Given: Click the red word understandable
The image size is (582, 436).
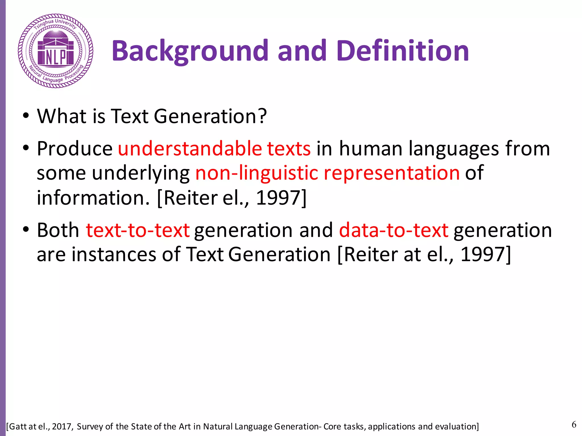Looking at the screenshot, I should pyautogui.click(x=190, y=149).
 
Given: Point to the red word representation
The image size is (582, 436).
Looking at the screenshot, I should pyautogui.click(x=392, y=173).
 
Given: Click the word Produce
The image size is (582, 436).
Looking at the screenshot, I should pyautogui.click(x=75, y=149).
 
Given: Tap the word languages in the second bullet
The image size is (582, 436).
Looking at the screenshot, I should pyautogui.click(x=454, y=149).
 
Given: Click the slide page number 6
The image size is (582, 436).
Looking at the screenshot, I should pyautogui.click(x=574, y=425).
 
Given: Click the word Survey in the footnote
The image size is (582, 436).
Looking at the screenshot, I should pyautogui.click(x=90, y=427).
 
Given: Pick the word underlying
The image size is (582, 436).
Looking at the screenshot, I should pyautogui.click(x=141, y=173).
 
